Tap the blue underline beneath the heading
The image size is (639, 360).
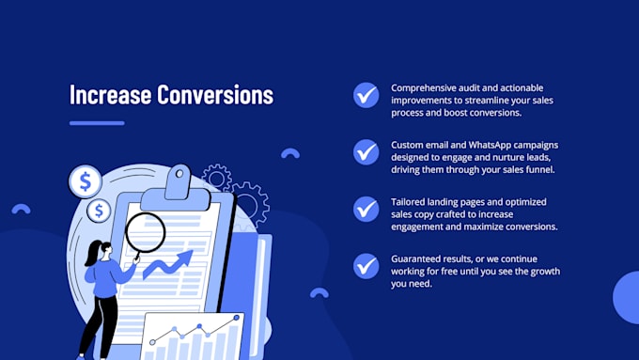(97, 122)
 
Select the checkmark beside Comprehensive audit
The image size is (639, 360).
(366, 95)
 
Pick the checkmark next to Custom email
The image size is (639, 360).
(366, 152)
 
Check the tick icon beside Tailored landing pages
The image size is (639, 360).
(366, 209)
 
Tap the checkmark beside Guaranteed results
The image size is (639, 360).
(366, 266)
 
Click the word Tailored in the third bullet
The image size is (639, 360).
(412, 202)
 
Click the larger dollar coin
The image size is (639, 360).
(86, 180)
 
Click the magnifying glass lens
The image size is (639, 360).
(145, 230)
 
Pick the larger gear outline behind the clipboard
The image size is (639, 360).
(250, 203)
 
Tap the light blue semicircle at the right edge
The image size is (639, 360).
(627, 298)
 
